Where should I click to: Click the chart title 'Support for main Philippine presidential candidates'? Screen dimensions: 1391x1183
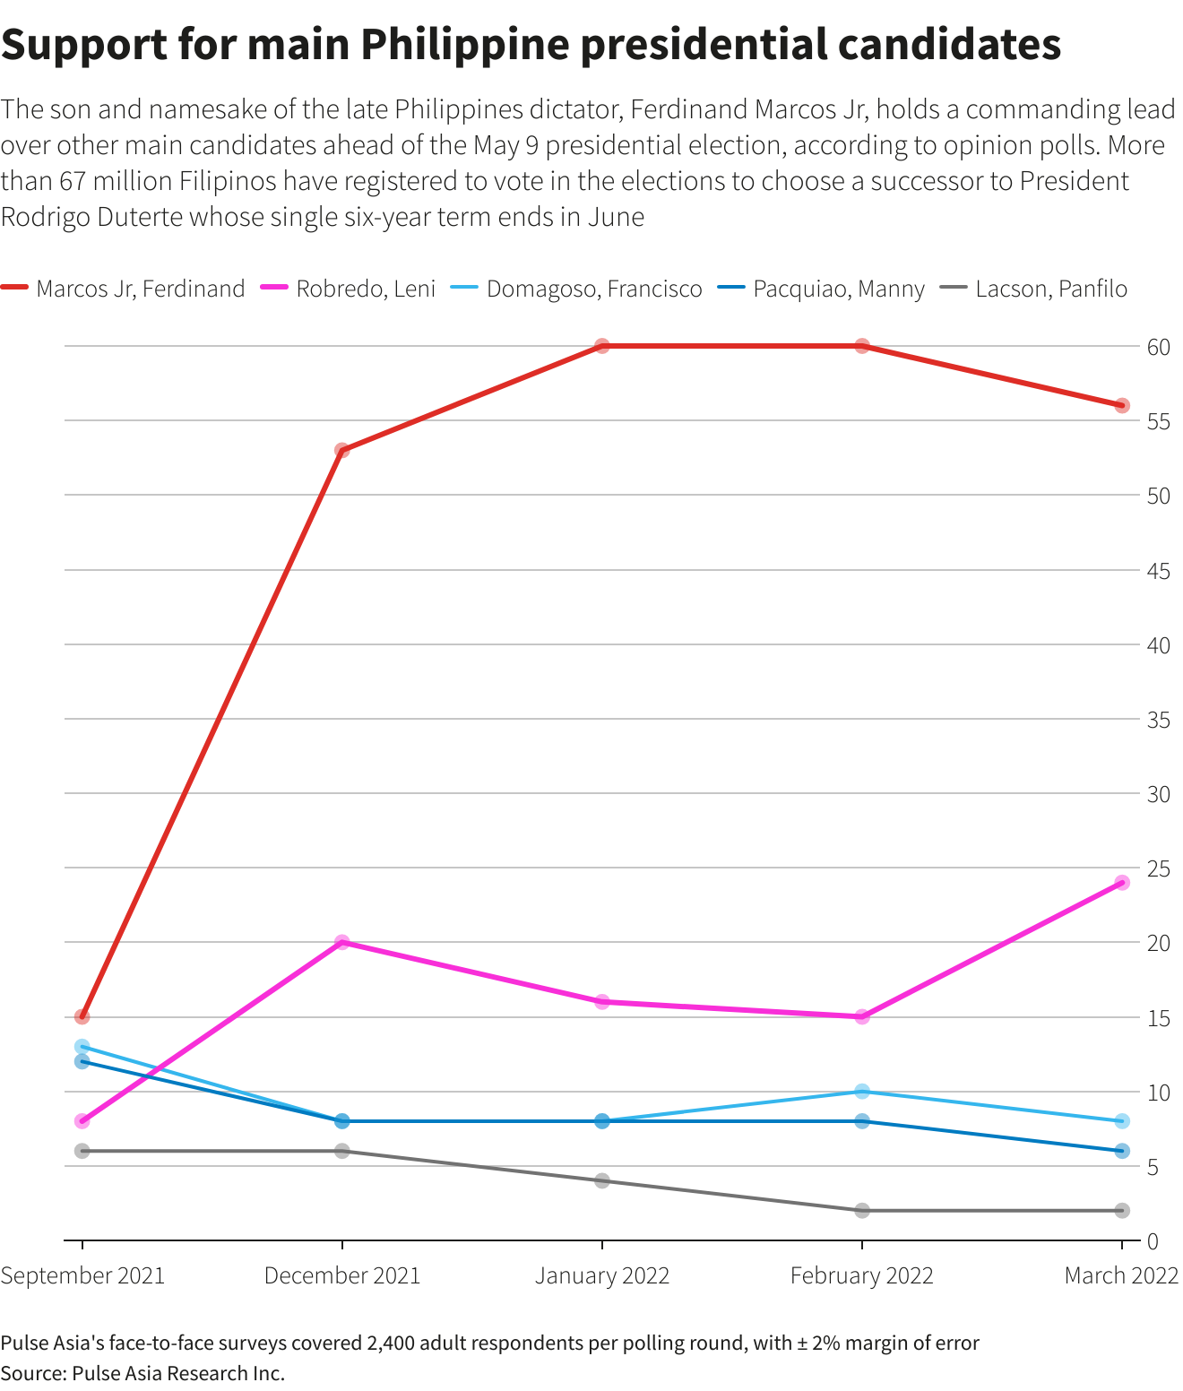tap(531, 45)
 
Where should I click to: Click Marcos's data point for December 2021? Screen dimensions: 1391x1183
tap(341, 450)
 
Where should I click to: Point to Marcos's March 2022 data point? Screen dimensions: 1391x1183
tap(1121, 406)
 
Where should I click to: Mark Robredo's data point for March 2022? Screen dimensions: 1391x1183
tap(1121, 883)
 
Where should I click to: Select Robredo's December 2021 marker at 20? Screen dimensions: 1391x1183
tap(341, 942)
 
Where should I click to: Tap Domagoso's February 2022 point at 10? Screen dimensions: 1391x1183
tap(861, 1092)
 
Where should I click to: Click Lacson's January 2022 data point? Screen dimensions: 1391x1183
tap(601, 1180)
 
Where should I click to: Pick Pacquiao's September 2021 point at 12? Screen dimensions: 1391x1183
tap(82, 1061)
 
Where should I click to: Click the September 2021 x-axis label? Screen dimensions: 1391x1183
tap(82, 1275)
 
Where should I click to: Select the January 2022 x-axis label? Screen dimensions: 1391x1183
tap(601, 1275)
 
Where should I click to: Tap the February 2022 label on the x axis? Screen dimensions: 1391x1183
tap(861, 1275)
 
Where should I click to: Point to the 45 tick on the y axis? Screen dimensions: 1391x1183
tap(1159, 571)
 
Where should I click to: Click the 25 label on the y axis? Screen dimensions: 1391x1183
tap(1159, 868)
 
